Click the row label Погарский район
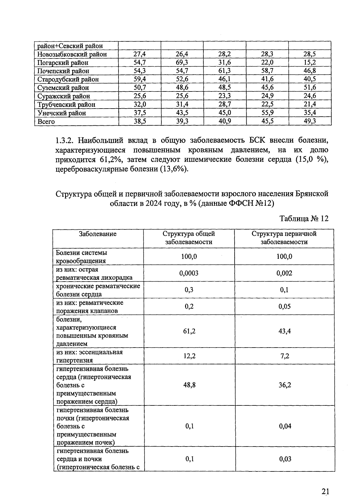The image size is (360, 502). [x=63, y=63]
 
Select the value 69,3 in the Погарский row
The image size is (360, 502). [x=182, y=62]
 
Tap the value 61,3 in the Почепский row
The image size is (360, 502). [x=225, y=71]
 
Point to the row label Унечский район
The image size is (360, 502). [x=61, y=113]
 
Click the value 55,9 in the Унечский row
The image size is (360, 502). [x=267, y=113]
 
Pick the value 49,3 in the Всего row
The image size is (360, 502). [x=310, y=121]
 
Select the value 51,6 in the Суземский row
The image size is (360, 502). [x=310, y=88]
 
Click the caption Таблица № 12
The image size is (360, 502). [x=304, y=218]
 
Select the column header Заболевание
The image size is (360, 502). [x=97, y=234]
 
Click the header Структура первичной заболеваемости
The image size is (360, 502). [x=284, y=238]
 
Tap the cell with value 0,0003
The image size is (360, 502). [x=189, y=273]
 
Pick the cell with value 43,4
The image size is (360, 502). [x=284, y=331]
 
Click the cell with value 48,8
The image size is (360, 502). [x=189, y=385]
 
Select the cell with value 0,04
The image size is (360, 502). [x=285, y=426]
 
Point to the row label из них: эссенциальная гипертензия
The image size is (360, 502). [x=89, y=356]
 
